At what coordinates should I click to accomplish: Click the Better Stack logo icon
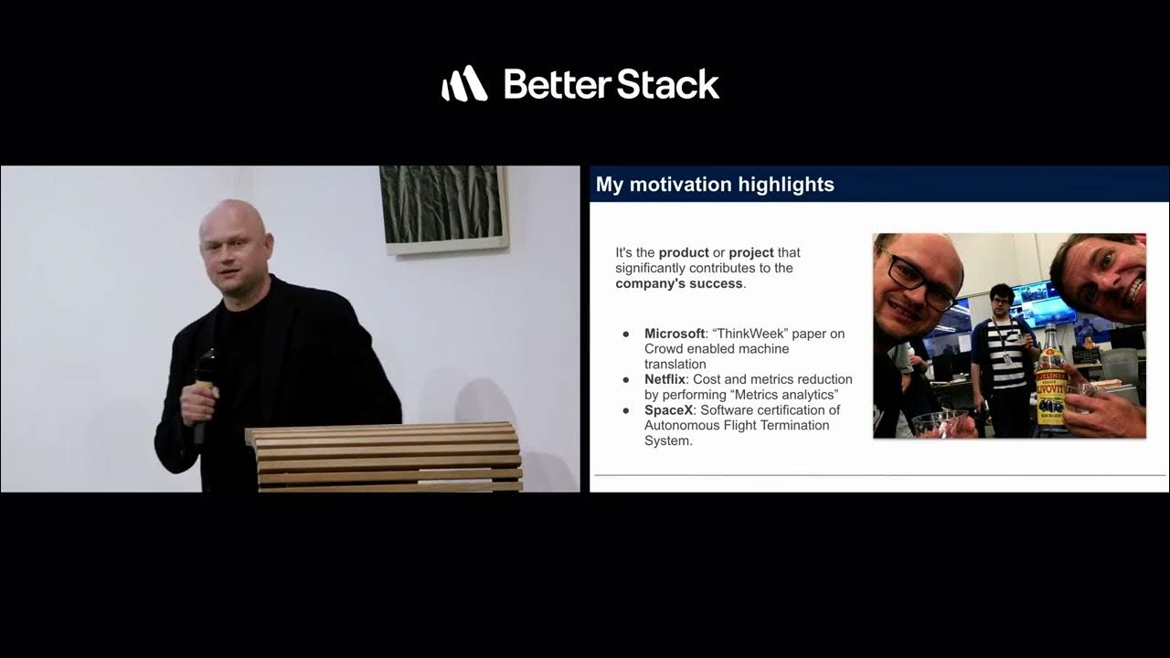(464, 83)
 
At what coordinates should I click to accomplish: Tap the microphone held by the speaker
(204, 384)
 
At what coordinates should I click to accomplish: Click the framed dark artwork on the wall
(444, 207)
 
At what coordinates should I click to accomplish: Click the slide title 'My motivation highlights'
(715, 185)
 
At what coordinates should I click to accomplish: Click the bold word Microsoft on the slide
(675, 334)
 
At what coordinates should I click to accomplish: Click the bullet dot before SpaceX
(626, 410)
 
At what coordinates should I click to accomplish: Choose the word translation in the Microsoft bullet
(675, 364)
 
